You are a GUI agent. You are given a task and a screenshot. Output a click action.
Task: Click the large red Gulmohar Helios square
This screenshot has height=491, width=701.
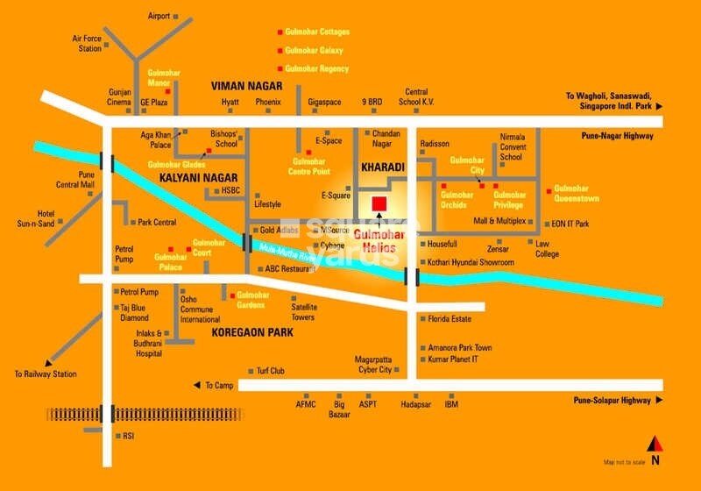click(x=379, y=204)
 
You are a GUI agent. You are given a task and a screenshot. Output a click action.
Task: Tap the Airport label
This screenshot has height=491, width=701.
click(x=159, y=16)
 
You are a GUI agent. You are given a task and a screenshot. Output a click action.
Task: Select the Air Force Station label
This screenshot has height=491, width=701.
click(x=89, y=43)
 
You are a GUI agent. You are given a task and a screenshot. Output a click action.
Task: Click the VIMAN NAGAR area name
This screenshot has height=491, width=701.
click(x=246, y=86)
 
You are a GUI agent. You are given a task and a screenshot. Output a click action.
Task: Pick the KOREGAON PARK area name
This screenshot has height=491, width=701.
click(x=251, y=333)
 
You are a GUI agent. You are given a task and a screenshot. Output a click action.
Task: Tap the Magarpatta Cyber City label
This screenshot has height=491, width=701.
click(x=372, y=365)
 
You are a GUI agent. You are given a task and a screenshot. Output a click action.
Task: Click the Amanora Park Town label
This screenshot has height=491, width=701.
click(x=460, y=348)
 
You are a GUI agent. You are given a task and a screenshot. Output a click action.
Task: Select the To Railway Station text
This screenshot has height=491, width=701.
click(x=46, y=374)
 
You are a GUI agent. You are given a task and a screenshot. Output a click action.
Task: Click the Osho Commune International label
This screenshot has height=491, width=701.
click(x=200, y=309)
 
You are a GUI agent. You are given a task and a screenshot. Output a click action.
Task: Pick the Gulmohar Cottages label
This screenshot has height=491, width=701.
click(x=316, y=32)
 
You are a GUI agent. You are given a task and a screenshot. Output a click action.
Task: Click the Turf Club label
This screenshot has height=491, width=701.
click(x=271, y=371)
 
